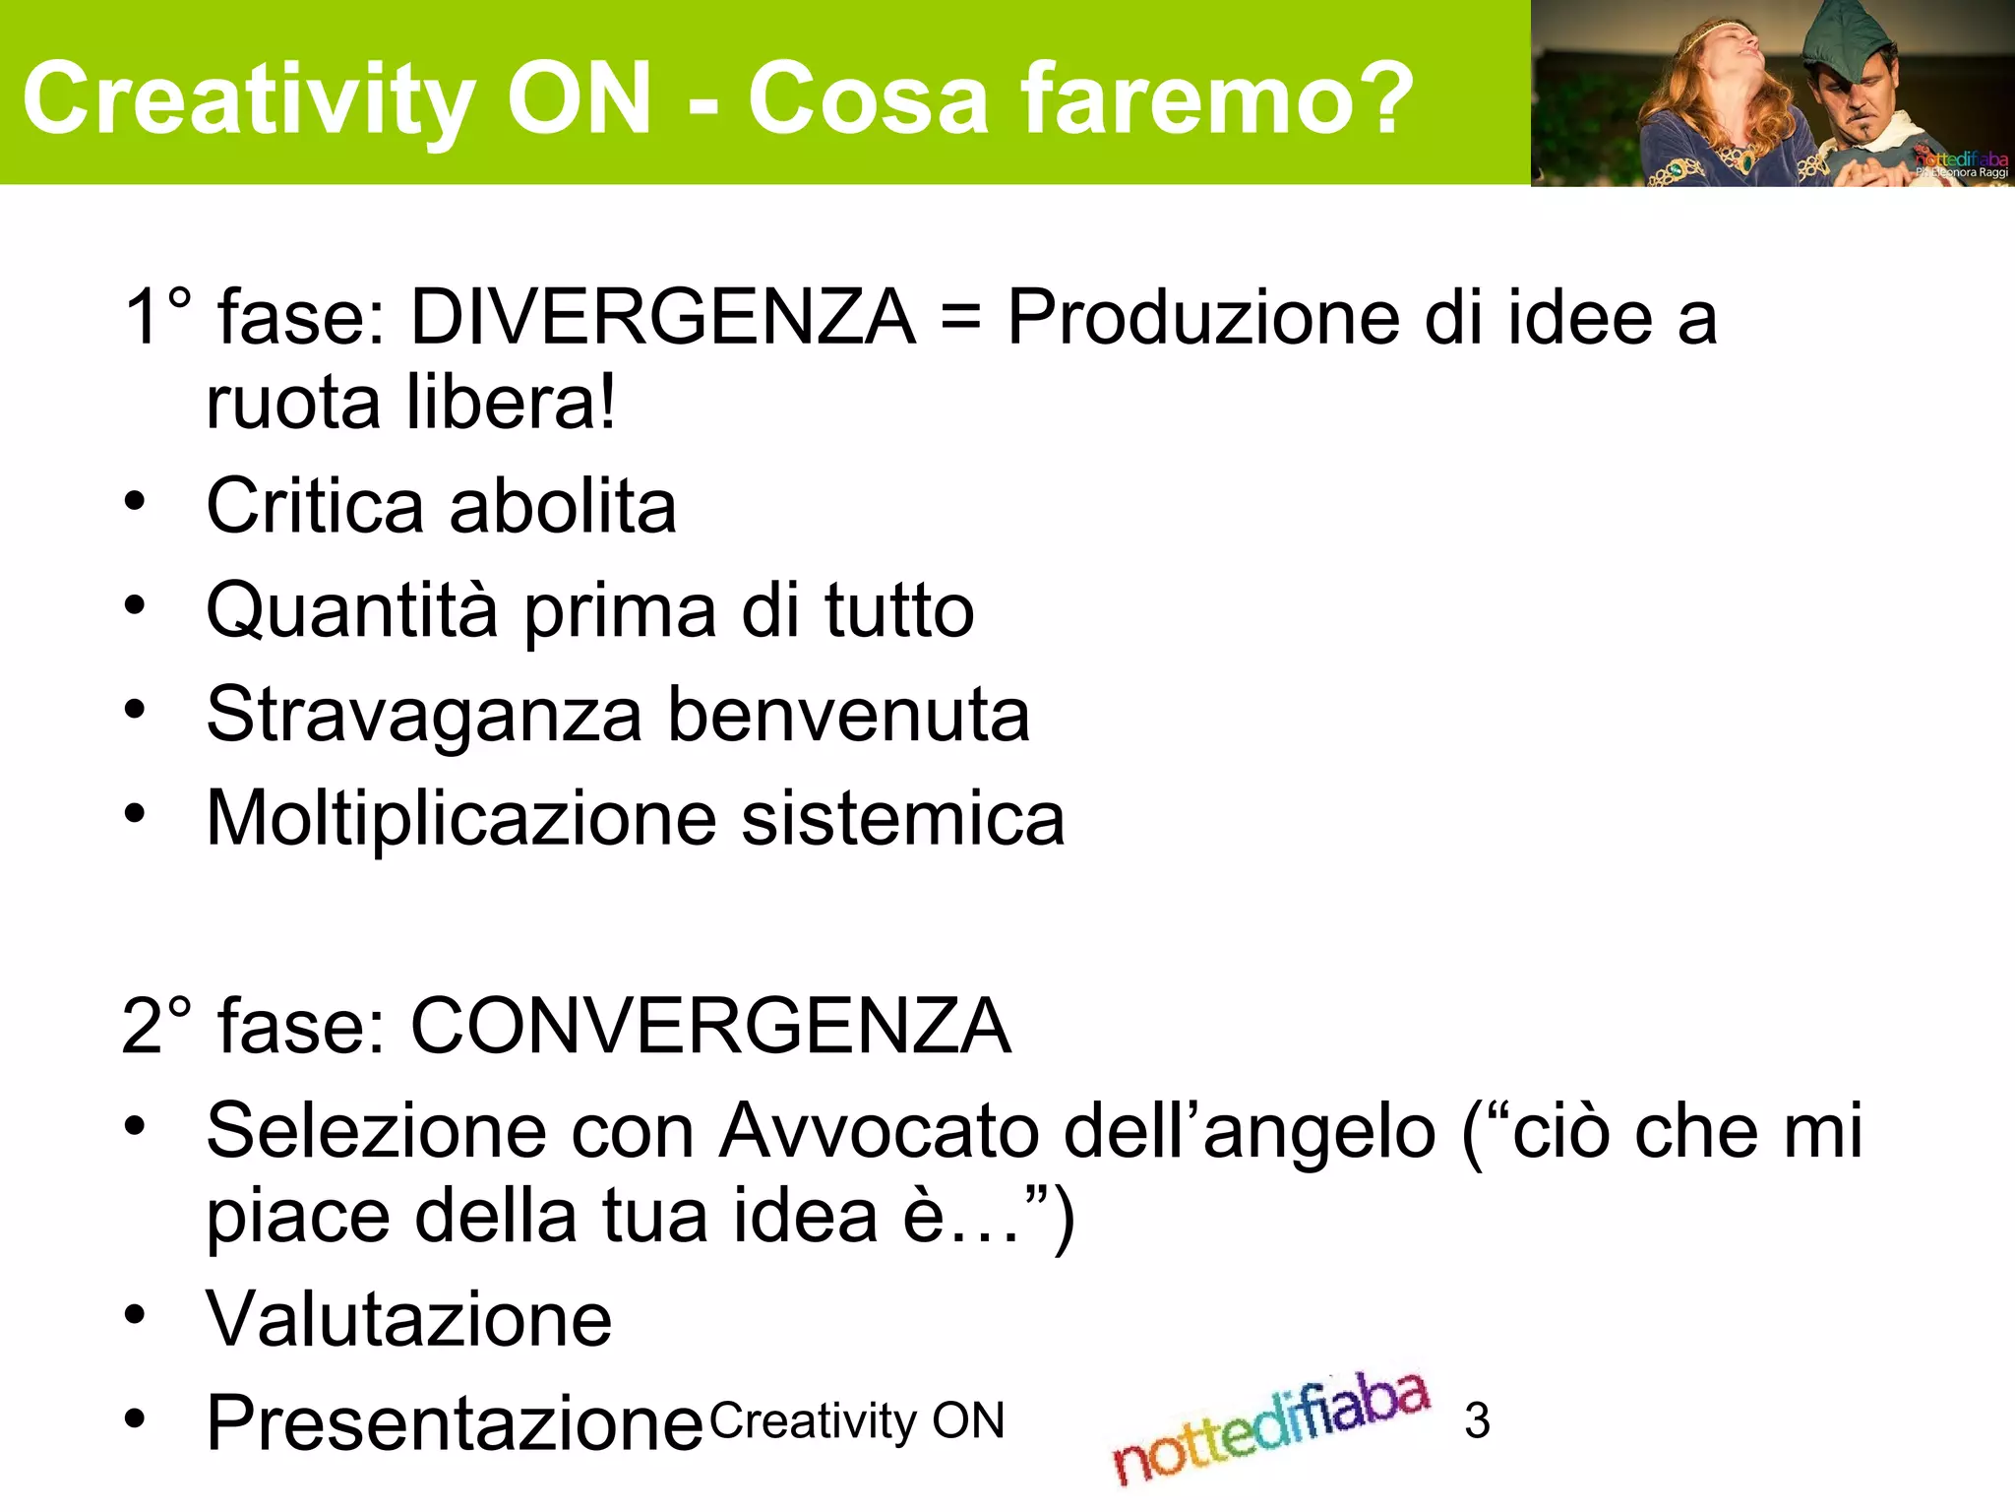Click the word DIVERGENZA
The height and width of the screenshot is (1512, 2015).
click(x=662, y=317)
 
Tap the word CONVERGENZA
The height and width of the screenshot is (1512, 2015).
click(x=710, y=1026)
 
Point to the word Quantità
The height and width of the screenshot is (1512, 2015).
click(x=352, y=610)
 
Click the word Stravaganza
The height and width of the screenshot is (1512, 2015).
click(x=424, y=715)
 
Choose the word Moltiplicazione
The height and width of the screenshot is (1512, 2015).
click(x=460, y=818)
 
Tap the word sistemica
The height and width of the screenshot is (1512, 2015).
click(x=902, y=818)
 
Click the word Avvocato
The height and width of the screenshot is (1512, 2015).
click(x=879, y=1130)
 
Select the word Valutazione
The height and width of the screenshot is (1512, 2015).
click(x=408, y=1319)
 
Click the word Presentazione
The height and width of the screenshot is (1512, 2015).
click(x=455, y=1423)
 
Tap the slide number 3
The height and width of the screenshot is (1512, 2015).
click(x=1477, y=1420)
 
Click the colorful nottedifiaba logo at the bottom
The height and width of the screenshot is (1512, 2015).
click(x=1270, y=1427)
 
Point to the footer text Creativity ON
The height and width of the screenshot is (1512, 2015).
click(x=857, y=1420)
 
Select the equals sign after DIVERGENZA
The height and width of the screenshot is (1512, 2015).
click(x=960, y=319)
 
